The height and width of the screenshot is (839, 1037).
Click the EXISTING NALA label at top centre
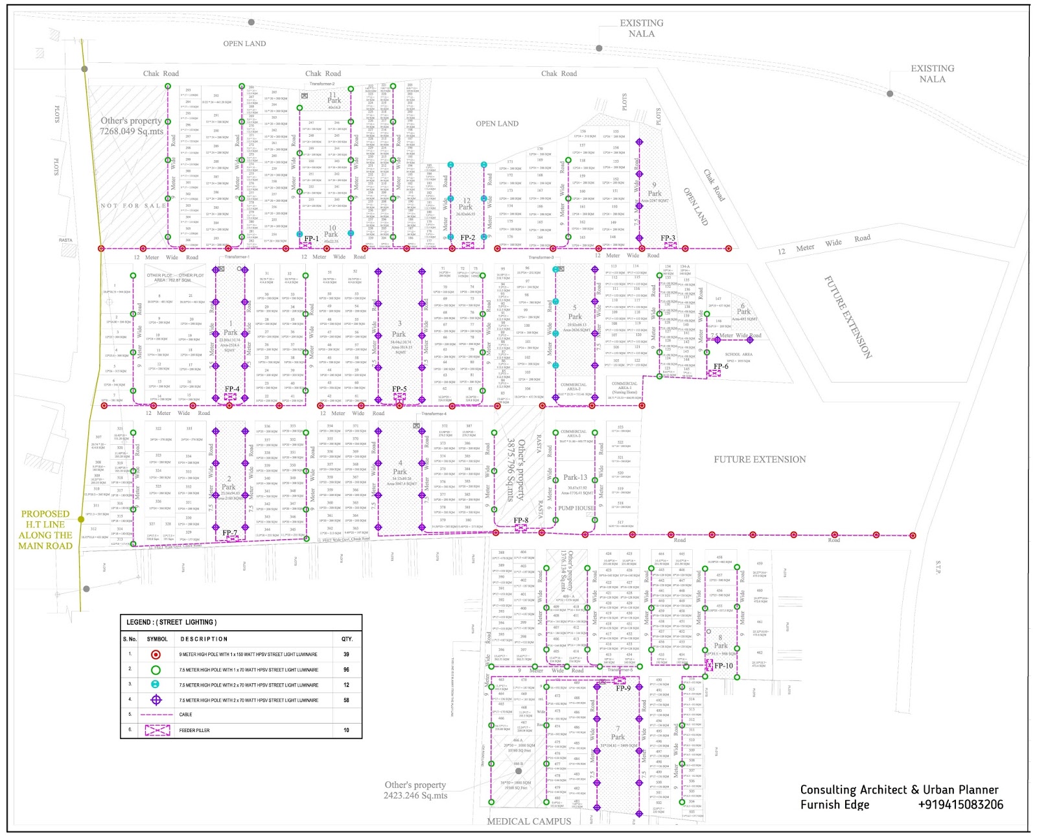[x=642, y=28]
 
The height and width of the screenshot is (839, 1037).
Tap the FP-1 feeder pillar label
[x=312, y=239]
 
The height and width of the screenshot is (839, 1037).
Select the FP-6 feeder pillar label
[x=721, y=366]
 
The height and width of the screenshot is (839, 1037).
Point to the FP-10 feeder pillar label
[x=723, y=666]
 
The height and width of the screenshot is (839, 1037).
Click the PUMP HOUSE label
[x=576, y=508]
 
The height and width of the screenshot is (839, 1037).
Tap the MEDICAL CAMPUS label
[x=529, y=821]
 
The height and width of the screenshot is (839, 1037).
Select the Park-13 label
[x=576, y=477]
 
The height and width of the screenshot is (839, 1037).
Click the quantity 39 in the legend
[x=346, y=654]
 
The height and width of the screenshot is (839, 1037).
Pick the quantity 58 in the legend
[x=346, y=700]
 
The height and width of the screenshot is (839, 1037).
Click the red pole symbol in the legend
[x=156, y=654]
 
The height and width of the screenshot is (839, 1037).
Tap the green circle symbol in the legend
[x=156, y=670]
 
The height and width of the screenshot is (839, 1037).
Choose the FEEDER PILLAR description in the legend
[x=194, y=731]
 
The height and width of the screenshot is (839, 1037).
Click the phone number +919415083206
[x=961, y=805]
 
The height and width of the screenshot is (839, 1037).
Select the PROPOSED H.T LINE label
[x=45, y=530]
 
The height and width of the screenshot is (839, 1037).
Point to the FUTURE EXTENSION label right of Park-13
[x=760, y=460]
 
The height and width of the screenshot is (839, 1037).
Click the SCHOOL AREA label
[x=738, y=355]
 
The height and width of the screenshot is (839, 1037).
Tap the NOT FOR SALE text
[x=134, y=206]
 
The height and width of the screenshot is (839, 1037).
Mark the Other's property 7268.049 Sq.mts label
[x=132, y=126]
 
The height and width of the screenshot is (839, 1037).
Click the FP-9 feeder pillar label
[x=623, y=689]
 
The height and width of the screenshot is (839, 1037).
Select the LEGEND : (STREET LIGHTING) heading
[x=171, y=622]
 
